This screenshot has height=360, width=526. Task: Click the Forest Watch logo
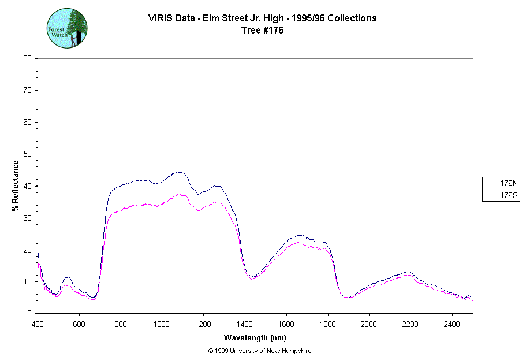68,28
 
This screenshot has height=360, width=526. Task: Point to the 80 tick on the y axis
27,58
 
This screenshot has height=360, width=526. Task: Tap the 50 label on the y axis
27,154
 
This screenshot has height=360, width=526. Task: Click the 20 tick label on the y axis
27,250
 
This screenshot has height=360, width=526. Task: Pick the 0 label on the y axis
29,313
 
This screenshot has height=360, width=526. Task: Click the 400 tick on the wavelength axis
38,324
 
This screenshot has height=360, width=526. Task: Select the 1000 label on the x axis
162,324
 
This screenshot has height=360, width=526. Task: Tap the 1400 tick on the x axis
245,324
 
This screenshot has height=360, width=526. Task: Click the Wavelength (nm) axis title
256,338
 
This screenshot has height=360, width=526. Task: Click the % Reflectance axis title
16,185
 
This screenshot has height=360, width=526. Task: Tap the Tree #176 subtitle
263,31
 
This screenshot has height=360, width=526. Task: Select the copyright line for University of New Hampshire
256,351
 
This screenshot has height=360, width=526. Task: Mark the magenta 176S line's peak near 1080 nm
179,194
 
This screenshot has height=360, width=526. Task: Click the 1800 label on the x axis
328,324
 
